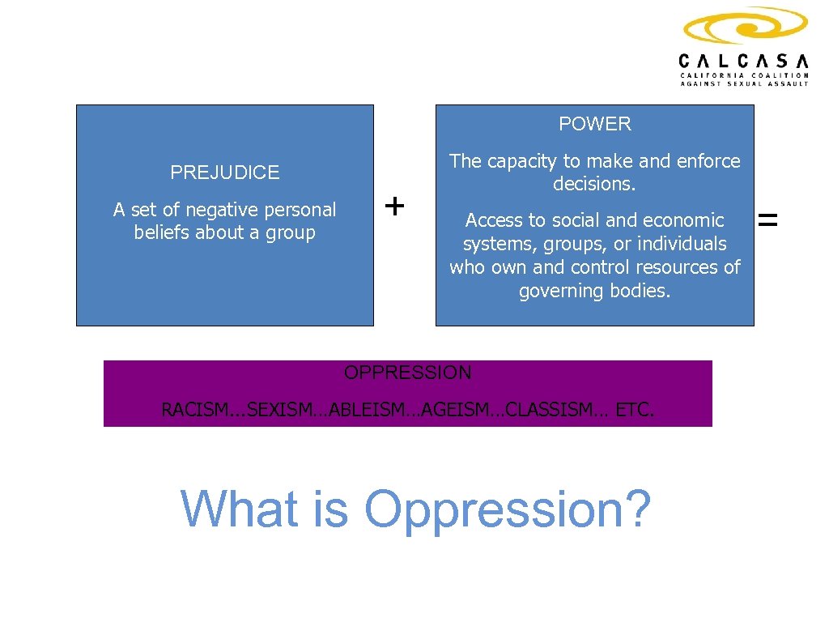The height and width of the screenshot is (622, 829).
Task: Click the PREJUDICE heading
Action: (224, 173)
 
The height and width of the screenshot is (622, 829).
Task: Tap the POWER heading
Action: (594, 124)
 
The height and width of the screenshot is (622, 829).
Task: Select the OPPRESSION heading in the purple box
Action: (407, 373)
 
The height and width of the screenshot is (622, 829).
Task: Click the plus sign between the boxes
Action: (394, 207)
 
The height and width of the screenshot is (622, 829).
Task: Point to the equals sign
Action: (767, 218)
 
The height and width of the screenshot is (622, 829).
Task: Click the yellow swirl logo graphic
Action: (744, 27)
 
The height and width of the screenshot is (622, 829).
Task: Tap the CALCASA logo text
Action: (743, 61)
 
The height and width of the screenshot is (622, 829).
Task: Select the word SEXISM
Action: (276, 410)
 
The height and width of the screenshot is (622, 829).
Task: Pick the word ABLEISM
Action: (360, 410)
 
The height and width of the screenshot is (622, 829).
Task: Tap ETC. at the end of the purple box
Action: (635, 410)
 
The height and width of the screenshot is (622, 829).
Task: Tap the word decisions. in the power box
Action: (594, 184)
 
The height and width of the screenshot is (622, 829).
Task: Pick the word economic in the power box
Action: (684, 220)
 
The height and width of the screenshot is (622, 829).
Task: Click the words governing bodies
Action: (594, 291)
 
